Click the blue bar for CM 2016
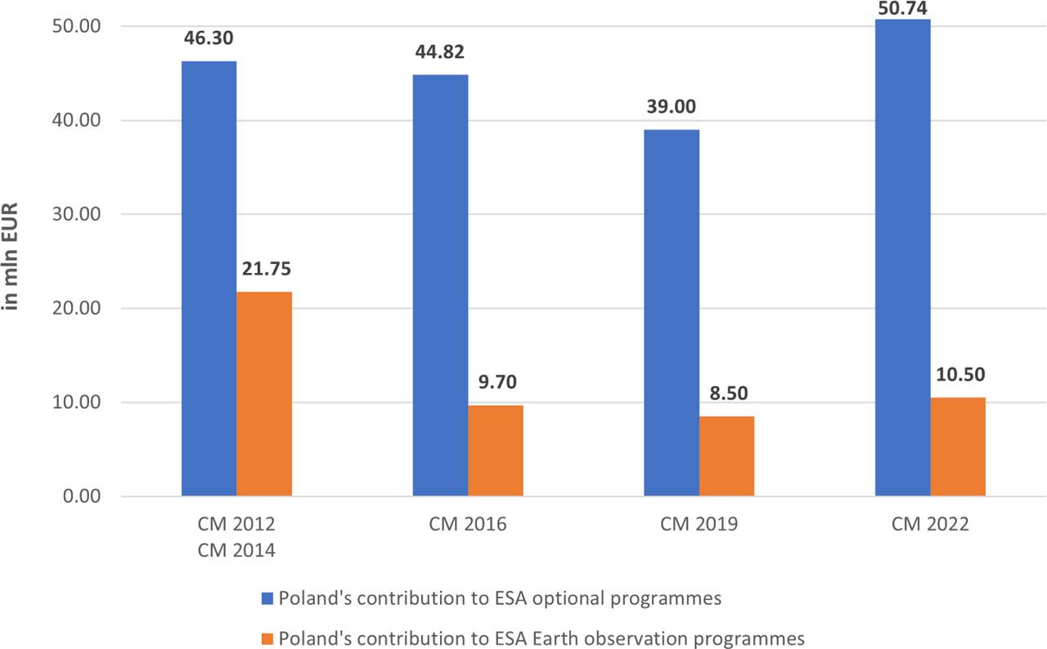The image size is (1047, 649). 440,285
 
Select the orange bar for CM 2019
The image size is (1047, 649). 726,456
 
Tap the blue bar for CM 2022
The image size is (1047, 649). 902,257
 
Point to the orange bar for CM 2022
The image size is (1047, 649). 958,447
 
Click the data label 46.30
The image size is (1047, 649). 209,38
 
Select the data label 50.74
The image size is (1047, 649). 902,7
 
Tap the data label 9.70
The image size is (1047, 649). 496,382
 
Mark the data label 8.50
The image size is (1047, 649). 726,393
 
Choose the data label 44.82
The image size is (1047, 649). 440,52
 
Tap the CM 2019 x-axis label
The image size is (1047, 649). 699,524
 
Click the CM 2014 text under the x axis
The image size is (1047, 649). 236,550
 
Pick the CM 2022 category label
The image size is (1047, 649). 930,524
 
